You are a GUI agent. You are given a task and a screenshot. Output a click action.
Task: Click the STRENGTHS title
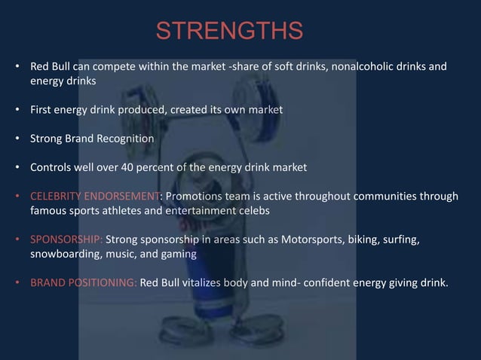tap(229, 32)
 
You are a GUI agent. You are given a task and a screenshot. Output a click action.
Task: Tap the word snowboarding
tap(63, 255)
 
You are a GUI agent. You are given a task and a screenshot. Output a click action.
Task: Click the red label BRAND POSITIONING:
tap(83, 284)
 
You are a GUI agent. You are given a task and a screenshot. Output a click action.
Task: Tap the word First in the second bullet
tap(41, 110)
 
